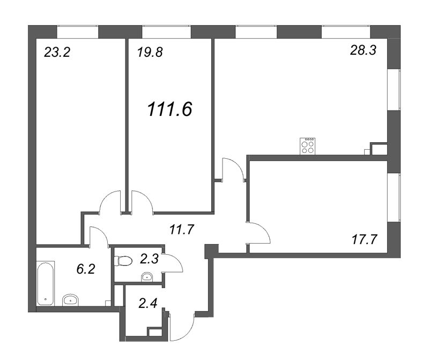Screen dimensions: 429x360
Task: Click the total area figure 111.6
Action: (170, 109)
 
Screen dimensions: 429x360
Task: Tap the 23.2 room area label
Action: (57, 52)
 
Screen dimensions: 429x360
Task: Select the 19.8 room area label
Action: (150, 52)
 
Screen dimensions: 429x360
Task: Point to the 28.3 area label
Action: (364, 50)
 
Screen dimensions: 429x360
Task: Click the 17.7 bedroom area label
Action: (365, 239)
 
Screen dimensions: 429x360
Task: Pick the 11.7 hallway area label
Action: (182, 230)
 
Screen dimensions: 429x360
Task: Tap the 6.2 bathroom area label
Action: (86, 269)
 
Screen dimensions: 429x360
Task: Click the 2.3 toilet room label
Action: (149, 259)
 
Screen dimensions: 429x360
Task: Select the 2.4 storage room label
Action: (148, 303)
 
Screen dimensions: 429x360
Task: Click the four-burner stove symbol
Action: (307, 146)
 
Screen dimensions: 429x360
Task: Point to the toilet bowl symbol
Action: (123, 261)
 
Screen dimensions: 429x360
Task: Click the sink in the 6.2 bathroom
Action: (71, 300)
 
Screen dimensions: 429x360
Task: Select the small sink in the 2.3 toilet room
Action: (147, 277)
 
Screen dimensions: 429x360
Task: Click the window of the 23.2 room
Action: (77, 32)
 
